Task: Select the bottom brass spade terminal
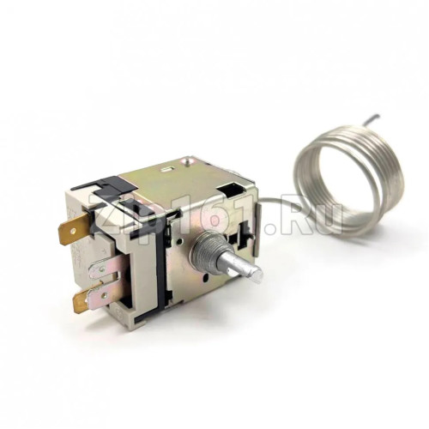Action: pyautogui.click(x=88, y=298)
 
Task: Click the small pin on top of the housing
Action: pyautogui.click(x=187, y=161)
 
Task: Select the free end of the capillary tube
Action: pyautogui.click(x=378, y=116)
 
